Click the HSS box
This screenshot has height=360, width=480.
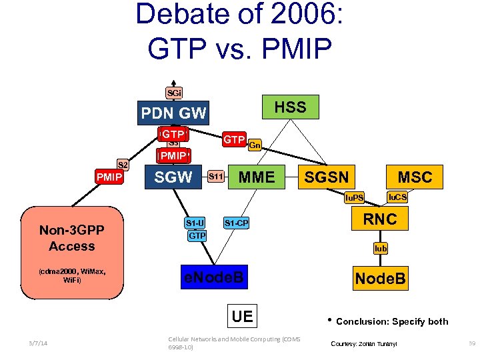pyautogui.click(x=290, y=107)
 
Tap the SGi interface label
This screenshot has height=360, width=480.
pyautogui.click(x=173, y=93)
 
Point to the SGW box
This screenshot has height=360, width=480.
pyautogui.click(x=173, y=177)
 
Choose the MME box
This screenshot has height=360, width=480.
pyautogui.click(x=257, y=177)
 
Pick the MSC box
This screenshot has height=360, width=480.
pyautogui.click(x=415, y=177)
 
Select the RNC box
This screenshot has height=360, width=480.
pyautogui.click(x=381, y=219)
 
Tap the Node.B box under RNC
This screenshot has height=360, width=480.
pyautogui.click(x=380, y=279)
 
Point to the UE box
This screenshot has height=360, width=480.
pyautogui.click(x=242, y=315)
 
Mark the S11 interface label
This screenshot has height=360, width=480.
pyautogui.click(x=215, y=177)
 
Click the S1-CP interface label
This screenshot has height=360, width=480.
pyautogui.click(x=236, y=223)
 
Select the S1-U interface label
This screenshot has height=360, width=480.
pyautogui.click(x=195, y=223)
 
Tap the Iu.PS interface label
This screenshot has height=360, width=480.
pyautogui.click(x=353, y=198)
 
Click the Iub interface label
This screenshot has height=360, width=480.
pyautogui.click(x=381, y=248)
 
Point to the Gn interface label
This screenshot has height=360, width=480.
pyautogui.click(x=255, y=145)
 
